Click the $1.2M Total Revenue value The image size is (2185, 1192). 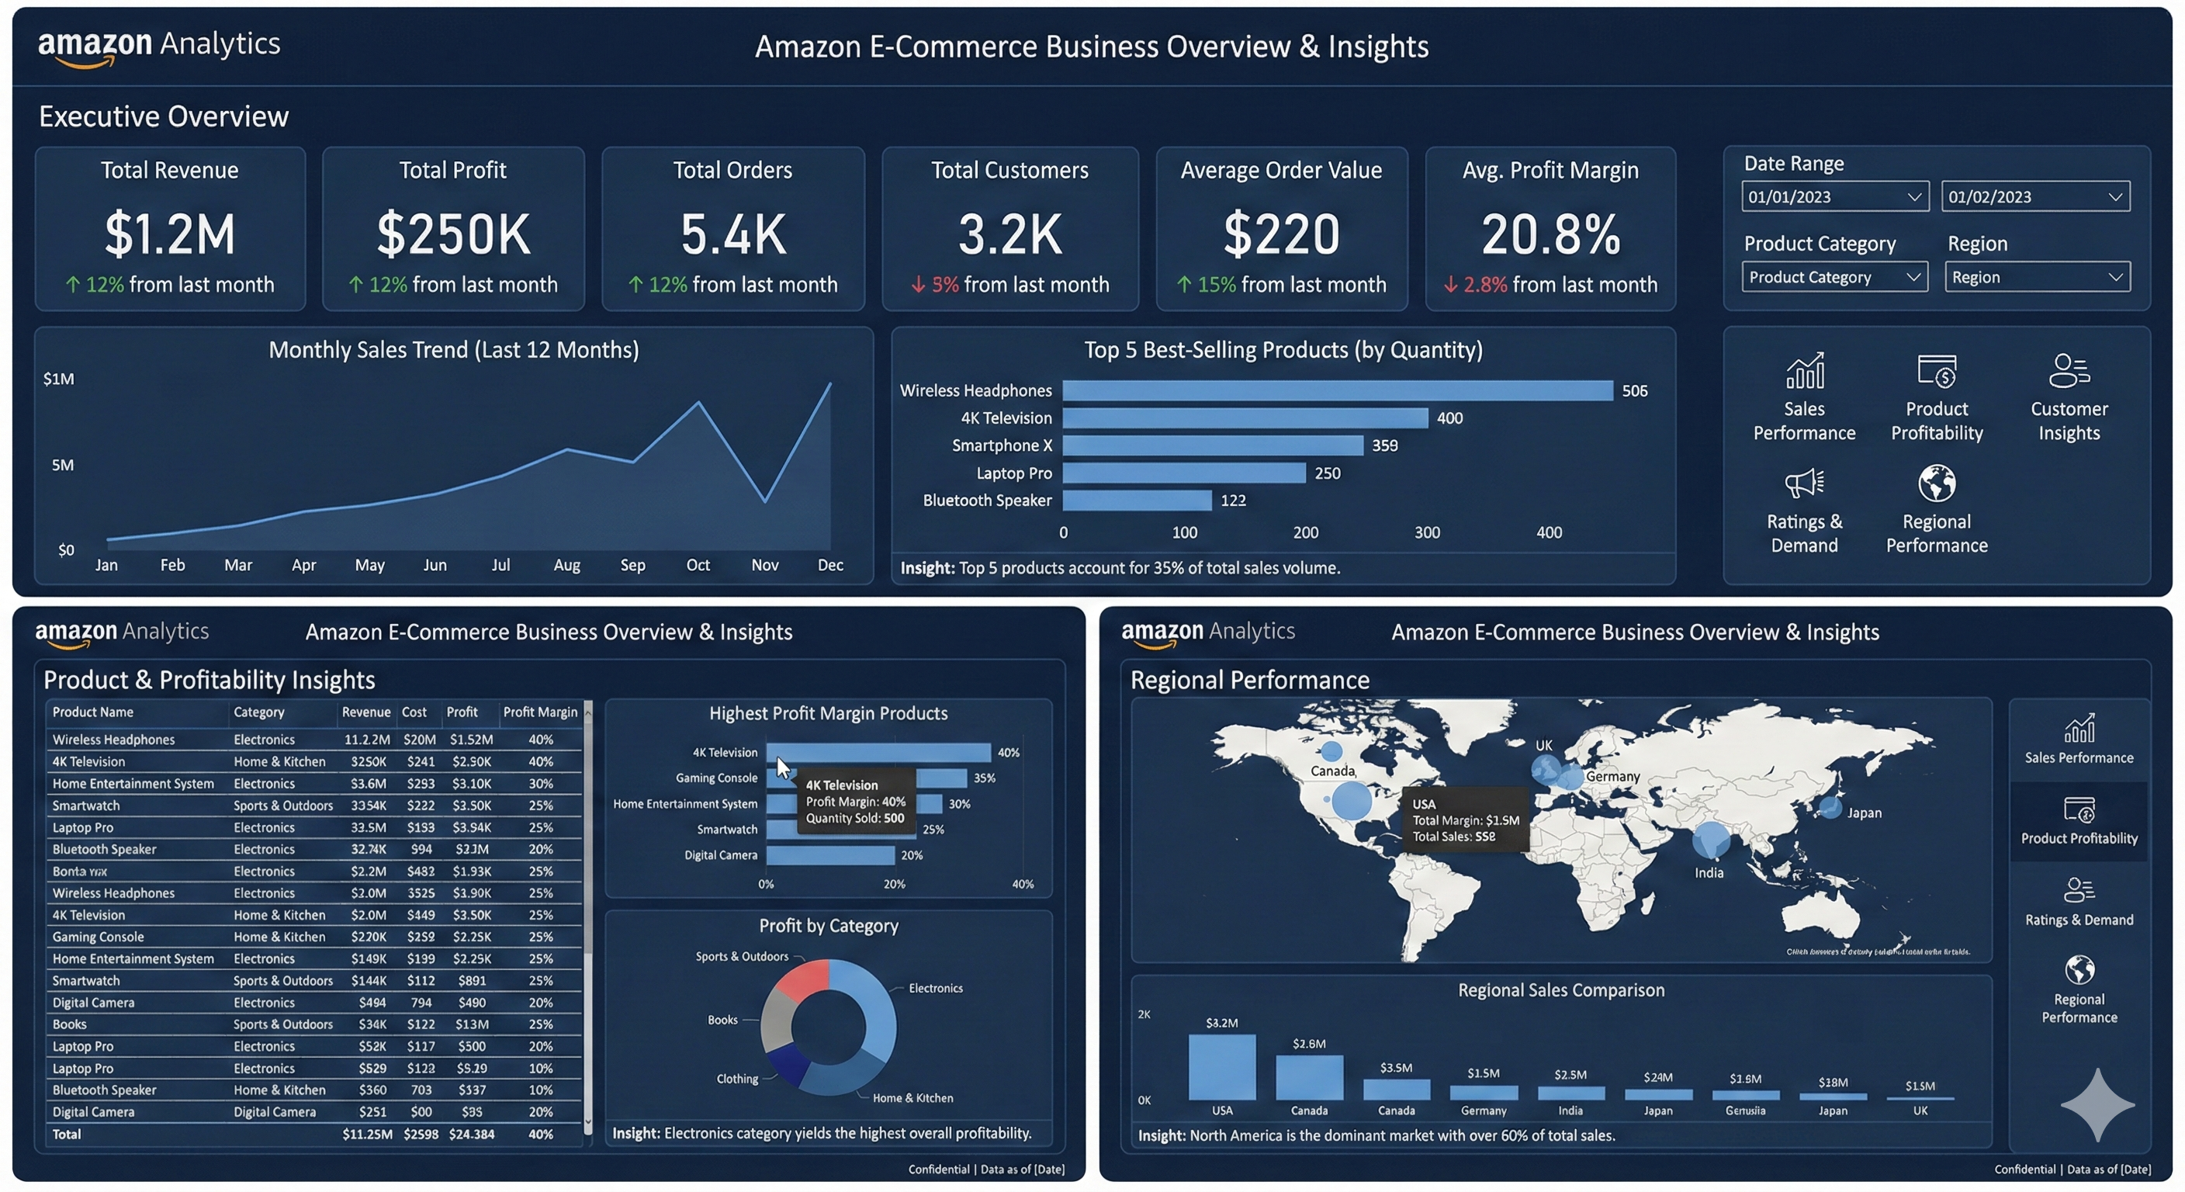pos(170,234)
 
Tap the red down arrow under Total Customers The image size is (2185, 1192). pos(918,285)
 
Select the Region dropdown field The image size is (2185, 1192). pos(2037,277)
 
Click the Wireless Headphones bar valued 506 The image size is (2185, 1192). pos(1337,390)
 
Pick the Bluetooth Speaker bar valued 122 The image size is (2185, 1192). pos(1137,501)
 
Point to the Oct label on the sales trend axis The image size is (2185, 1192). pos(698,565)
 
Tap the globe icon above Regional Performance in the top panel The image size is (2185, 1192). pos(1937,483)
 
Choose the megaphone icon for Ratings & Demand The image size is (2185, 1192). pos(1803,483)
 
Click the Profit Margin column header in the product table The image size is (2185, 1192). pos(539,712)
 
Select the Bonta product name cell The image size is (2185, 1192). pos(80,871)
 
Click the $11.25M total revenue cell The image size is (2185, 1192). pos(366,1135)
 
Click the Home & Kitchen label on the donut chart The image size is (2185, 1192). pos(912,1098)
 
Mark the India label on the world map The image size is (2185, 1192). pos(1709,873)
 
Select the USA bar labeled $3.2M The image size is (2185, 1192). pos(1221,1067)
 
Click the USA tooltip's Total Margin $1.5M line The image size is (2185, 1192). pos(1465,820)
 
